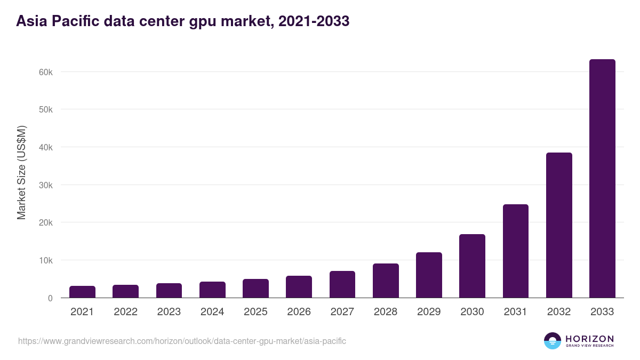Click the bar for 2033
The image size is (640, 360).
tap(602, 179)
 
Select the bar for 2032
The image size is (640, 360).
tap(559, 225)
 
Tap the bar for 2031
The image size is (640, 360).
tap(515, 251)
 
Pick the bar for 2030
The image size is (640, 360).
tap(472, 266)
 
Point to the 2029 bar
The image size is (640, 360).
tap(429, 275)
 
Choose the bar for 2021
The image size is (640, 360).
tap(82, 292)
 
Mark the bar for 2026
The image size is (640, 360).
tap(299, 287)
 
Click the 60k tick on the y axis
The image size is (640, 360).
tap(45, 72)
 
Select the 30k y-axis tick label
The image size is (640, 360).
tap(45, 185)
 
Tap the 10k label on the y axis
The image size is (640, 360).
tap(45, 260)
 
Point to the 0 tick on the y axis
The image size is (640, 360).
tap(50, 298)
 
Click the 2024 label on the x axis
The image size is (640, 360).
tap(212, 312)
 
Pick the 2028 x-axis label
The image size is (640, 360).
tap(386, 312)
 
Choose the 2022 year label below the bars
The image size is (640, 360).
tap(125, 312)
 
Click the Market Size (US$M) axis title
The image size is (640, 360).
tap(21, 173)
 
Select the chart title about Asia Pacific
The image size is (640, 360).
tap(183, 21)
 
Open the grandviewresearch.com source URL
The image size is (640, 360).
tap(182, 341)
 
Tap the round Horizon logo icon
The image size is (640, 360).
tap(553, 341)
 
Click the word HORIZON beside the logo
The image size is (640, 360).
tap(589, 339)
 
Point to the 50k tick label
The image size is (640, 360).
tap(45, 109)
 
